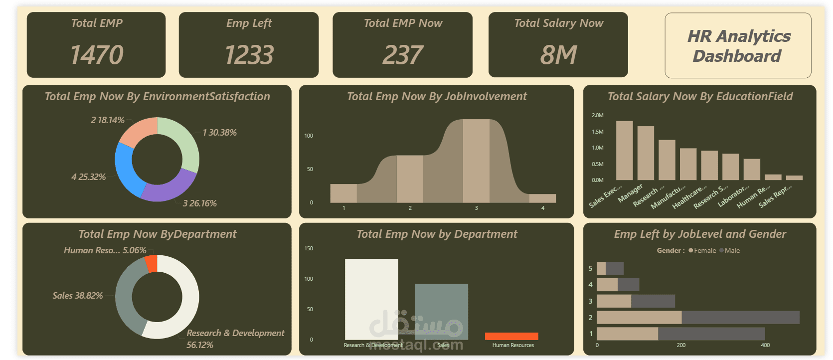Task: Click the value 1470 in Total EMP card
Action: [97, 55]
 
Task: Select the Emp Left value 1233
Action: [249, 55]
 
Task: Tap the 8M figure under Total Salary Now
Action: [558, 55]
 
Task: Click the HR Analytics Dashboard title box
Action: [738, 46]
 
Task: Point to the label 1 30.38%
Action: [219, 133]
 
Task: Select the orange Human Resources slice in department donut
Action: [152, 263]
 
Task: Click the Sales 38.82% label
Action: [78, 296]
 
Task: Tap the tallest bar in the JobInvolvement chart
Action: [476, 161]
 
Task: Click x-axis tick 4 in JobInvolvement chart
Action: [543, 208]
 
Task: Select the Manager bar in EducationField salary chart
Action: [646, 153]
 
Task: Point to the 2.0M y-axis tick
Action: [597, 115]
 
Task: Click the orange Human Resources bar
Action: [511, 336]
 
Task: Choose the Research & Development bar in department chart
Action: [371, 299]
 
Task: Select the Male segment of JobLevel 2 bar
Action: [740, 317]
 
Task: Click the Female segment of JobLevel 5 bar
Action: [601, 268]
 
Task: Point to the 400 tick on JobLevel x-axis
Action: [765, 345]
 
